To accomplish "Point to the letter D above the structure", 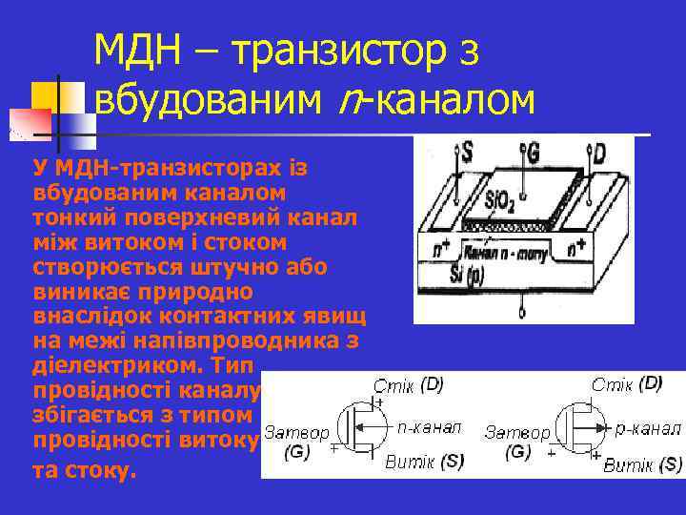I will point(599,153).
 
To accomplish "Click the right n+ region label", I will point(576,250).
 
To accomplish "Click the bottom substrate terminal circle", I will point(521,313).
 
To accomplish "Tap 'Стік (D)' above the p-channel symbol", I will point(627,384).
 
